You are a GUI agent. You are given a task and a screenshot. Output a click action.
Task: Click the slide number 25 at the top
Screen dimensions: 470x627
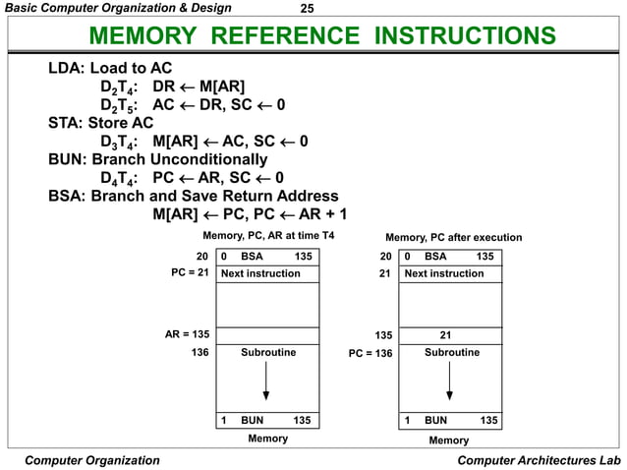coord(306,9)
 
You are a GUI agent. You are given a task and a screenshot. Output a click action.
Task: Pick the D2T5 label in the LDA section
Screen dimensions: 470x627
coord(118,105)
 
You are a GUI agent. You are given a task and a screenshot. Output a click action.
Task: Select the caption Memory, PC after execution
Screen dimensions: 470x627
coord(453,237)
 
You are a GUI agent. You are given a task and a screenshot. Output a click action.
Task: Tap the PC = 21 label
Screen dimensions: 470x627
coord(191,273)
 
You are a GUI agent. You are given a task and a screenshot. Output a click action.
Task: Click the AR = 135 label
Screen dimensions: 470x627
coord(187,334)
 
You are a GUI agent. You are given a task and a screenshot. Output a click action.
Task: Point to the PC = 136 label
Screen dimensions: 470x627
coord(370,352)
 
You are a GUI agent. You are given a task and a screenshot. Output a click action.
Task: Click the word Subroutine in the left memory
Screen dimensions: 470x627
coord(267,352)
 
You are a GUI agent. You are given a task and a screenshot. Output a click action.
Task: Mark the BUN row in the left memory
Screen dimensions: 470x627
coord(267,420)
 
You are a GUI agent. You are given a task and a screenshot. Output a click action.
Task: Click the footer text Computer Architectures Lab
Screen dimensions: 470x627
coord(540,460)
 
